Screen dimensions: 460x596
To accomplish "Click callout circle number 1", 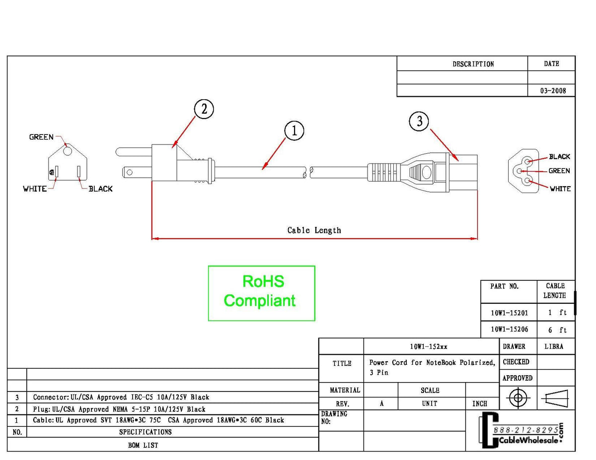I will tap(294, 131).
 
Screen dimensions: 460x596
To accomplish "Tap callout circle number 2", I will tap(204, 109).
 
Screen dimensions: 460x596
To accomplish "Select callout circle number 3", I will tap(419, 121).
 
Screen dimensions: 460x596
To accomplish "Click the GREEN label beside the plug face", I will tap(41, 137).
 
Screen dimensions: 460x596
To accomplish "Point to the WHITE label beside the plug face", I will tap(35, 189).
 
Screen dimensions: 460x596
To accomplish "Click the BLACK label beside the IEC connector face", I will tap(559, 157).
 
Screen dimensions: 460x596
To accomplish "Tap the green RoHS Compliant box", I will tap(261, 293).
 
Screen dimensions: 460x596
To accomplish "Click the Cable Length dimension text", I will tap(314, 230).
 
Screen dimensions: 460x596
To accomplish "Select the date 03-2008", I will tap(552, 91).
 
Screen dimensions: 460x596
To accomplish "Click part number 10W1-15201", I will tap(509, 313).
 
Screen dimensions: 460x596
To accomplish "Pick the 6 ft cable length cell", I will tap(557, 330).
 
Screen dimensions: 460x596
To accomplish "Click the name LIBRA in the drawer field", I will tap(554, 346).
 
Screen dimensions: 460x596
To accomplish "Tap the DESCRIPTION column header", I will tap(473, 64).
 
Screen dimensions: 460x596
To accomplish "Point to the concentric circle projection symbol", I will tap(518, 397).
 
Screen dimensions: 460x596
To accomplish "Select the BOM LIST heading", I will tap(143, 445).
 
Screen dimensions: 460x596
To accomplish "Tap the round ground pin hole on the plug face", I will tap(67, 150).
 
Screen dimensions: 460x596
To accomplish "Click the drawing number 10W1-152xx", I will tap(431, 346).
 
